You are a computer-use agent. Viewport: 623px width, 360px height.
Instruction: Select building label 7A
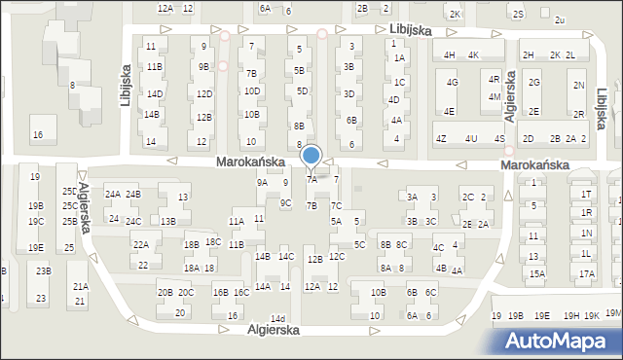(x=311, y=180)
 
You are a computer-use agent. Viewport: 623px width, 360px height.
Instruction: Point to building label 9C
(x=285, y=202)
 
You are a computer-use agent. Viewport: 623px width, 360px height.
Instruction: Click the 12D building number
(x=203, y=94)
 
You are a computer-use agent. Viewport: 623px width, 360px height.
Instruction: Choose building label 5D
(x=302, y=91)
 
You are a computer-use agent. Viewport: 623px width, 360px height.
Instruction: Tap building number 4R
(x=495, y=79)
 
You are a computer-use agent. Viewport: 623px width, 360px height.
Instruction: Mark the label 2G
(x=533, y=83)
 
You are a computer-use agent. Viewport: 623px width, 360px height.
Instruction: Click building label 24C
(x=133, y=222)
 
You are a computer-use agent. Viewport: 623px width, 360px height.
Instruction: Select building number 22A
(x=141, y=245)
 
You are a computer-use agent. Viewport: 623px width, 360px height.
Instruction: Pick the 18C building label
(x=213, y=242)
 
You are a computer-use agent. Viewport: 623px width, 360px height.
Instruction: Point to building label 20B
(x=165, y=293)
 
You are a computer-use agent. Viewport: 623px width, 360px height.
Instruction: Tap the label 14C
(x=285, y=257)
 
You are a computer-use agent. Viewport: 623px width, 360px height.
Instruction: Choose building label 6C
(x=431, y=293)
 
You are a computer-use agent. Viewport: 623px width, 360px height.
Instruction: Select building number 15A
(x=537, y=274)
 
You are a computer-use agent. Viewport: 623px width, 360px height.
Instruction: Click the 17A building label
(x=586, y=274)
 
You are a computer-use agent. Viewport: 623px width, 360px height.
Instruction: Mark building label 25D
(x=69, y=192)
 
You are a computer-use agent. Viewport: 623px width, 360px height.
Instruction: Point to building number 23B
(x=43, y=271)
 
